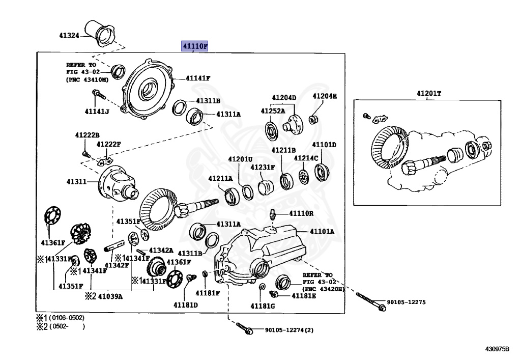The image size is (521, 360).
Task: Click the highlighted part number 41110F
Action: click(x=195, y=46)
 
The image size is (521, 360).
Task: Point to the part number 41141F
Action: click(x=198, y=78)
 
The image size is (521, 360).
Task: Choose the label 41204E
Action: click(x=325, y=96)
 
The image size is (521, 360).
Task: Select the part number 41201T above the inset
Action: click(x=429, y=93)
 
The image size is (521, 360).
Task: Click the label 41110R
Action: click(x=301, y=213)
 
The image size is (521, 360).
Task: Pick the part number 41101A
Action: click(x=323, y=231)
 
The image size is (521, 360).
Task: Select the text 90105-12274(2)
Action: click(x=289, y=330)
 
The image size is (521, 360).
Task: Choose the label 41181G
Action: click(x=263, y=306)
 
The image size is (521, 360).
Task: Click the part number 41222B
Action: click(x=87, y=135)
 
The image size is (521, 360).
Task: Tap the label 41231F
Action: click(x=263, y=167)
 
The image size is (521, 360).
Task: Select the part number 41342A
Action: click(x=161, y=251)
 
